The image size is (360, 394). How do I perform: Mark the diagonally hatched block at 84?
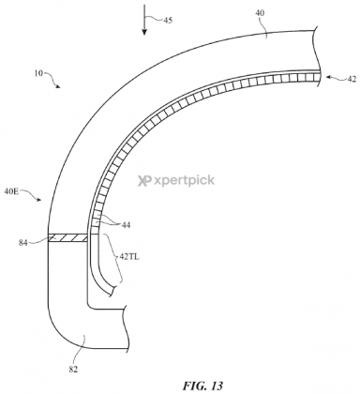(68, 239)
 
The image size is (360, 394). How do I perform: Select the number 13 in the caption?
(193, 381)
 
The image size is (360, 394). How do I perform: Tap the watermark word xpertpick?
(187, 184)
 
